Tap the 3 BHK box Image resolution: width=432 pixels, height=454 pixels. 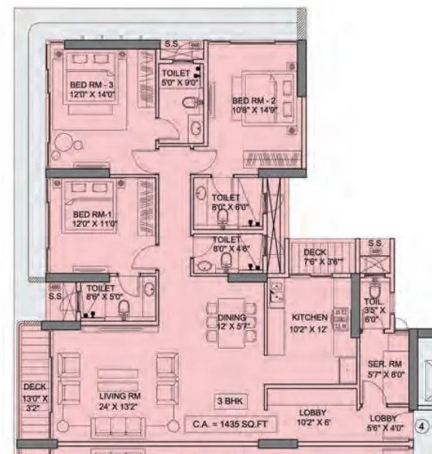point(234,401)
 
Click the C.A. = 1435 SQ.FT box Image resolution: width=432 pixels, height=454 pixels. point(233,424)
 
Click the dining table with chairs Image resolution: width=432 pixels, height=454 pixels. point(224,318)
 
